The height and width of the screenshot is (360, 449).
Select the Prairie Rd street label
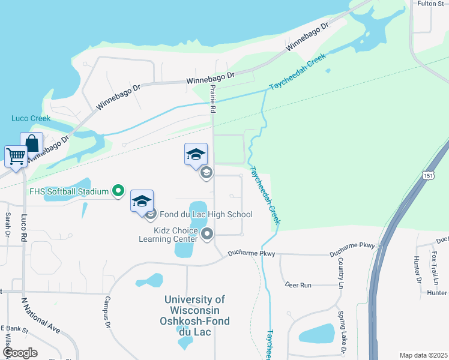212,99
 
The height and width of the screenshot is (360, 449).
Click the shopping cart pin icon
16,157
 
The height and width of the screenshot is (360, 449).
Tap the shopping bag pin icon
32,143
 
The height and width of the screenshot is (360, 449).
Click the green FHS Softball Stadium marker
118,191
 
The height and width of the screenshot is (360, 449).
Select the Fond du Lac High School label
206,214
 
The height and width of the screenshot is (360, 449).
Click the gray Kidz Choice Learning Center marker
207,234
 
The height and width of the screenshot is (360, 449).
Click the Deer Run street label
298,285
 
